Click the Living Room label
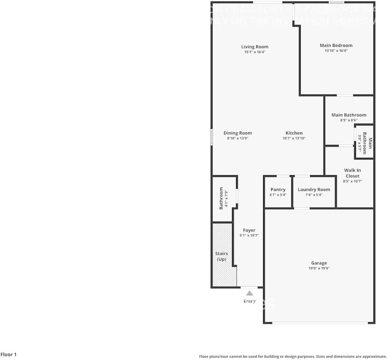[255, 47]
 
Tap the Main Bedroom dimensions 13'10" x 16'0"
[336, 51]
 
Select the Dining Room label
[238, 133]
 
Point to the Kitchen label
[294, 133]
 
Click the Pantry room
[278, 192]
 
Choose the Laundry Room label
[314, 190]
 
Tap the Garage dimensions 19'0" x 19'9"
[319, 268]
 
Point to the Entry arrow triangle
[249, 293]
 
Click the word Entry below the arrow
[249, 301]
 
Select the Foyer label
[249, 230]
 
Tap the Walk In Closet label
[352, 173]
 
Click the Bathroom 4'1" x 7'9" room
[224, 198]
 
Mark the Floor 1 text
[8, 355]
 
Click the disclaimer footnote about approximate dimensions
[293, 356]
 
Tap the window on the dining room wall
[211, 137]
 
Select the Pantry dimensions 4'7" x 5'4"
[278, 195]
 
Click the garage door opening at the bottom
[320, 323]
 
